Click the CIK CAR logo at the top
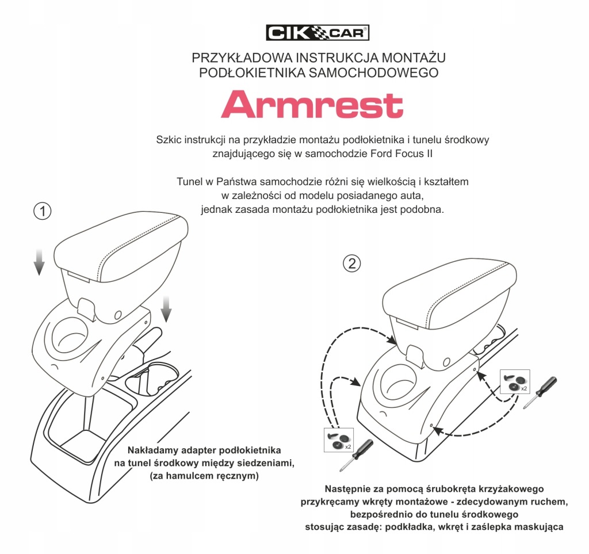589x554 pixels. [x=318, y=33]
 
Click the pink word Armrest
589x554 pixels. [x=312, y=105]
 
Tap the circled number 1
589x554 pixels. [x=42, y=211]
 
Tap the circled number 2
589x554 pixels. [x=351, y=263]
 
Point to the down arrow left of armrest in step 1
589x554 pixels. [x=39, y=262]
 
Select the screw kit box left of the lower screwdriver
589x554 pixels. [x=339, y=440]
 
